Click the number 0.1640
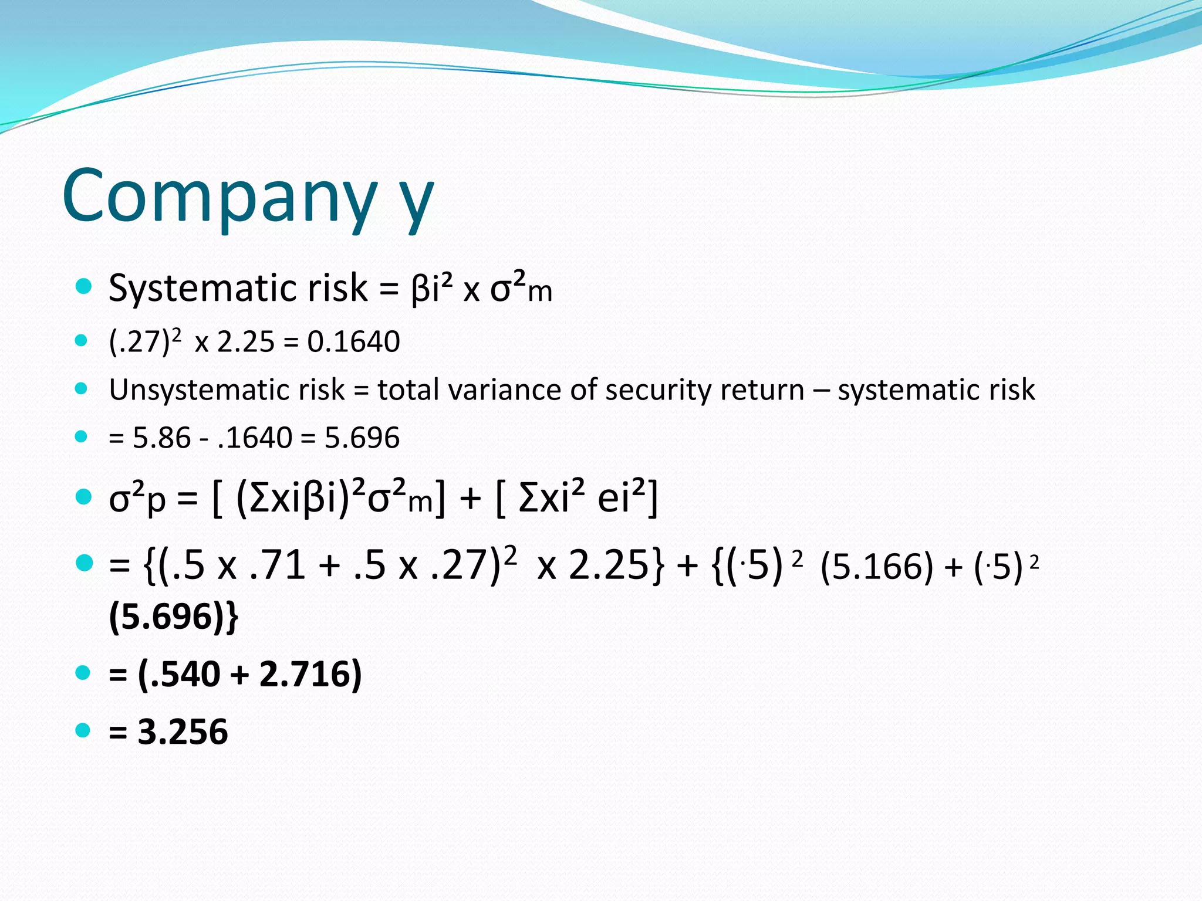[x=353, y=342]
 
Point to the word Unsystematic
[x=227, y=390]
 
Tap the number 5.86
[x=161, y=438]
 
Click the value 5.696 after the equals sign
[x=362, y=438]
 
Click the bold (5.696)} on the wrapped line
[x=174, y=618]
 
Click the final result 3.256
[x=183, y=732]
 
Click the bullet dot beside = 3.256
[x=83, y=730]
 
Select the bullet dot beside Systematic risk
[x=84, y=286]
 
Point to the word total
[x=407, y=390]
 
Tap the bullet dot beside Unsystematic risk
[x=82, y=388]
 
